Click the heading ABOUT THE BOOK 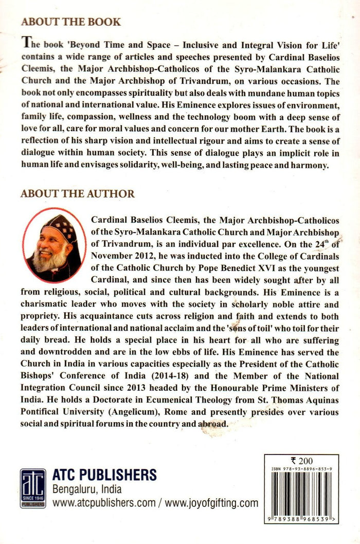(x=70, y=22)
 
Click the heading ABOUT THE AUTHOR (x=77, y=194)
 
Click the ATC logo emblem (x=33, y=487)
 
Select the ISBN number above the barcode (x=301, y=469)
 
